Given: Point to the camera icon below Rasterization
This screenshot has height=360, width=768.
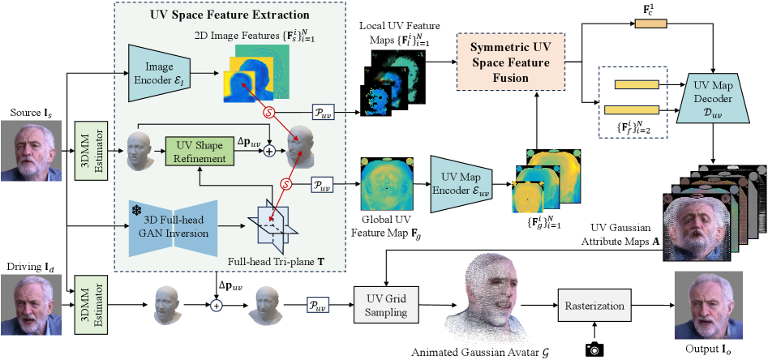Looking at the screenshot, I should point(596,349).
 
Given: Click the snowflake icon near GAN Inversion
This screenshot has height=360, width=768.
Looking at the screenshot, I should point(137,209).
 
